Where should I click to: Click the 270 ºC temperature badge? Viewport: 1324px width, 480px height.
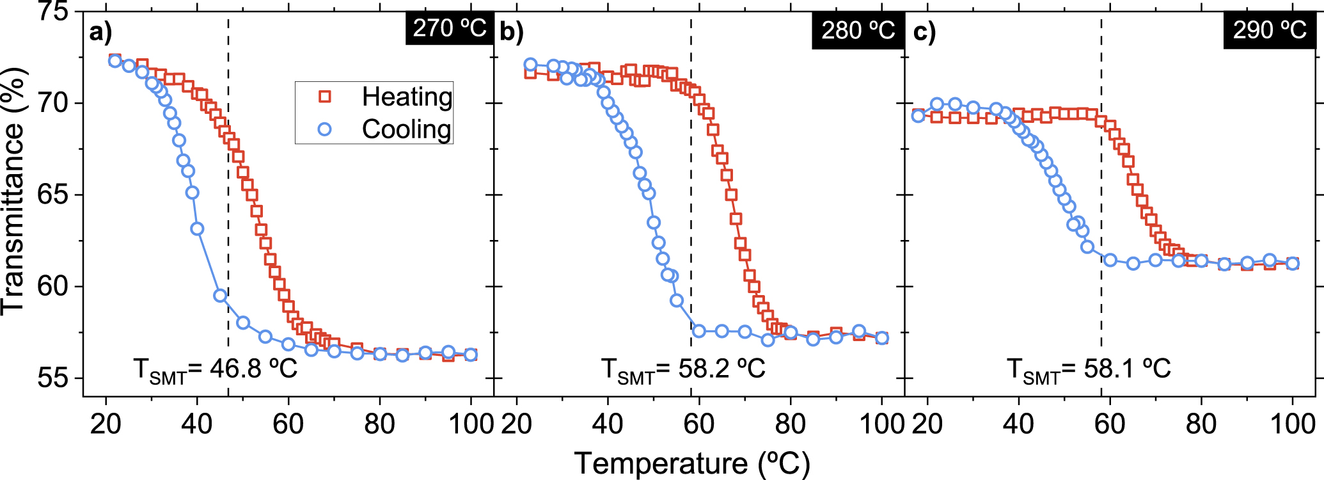pyautogui.click(x=450, y=28)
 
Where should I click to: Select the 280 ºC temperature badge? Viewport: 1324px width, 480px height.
pyautogui.click(x=858, y=30)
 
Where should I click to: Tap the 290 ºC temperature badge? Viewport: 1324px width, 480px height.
pyautogui.click(x=1270, y=30)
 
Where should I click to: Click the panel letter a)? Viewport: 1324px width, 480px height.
pyautogui.click(x=100, y=31)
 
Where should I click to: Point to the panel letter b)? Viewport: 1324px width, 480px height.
pyautogui.click(x=512, y=31)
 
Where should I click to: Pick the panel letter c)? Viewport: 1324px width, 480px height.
pyautogui.click(x=924, y=31)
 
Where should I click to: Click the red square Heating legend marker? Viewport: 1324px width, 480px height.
pyautogui.click(x=325, y=97)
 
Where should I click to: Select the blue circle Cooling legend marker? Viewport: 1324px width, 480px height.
pyautogui.click(x=325, y=129)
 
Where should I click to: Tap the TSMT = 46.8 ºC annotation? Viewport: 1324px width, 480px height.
pyautogui.click(x=216, y=369)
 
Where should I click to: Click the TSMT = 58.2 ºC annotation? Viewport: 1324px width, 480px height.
pyautogui.click(x=683, y=369)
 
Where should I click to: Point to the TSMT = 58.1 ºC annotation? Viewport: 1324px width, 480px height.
pyautogui.click(x=1089, y=369)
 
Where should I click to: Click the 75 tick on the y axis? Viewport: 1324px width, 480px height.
pyautogui.click(x=53, y=12)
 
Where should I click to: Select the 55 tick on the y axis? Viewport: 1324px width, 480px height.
pyautogui.click(x=53, y=378)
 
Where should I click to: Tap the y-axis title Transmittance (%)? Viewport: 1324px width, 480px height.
pyautogui.click(x=13, y=192)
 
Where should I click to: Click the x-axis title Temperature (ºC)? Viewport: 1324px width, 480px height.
pyautogui.click(x=692, y=463)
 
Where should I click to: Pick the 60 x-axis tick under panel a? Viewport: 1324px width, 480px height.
pyautogui.click(x=288, y=424)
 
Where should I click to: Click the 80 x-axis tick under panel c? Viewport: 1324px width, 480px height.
pyautogui.click(x=1201, y=424)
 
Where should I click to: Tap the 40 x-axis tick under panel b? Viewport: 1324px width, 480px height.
pyautogui.click(x=608, y=424)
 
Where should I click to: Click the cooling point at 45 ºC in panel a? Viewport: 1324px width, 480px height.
pyautogui.click(x=220, y=295)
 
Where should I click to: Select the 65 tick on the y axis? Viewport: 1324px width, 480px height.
pyautogui.click(x=53, y=195)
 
